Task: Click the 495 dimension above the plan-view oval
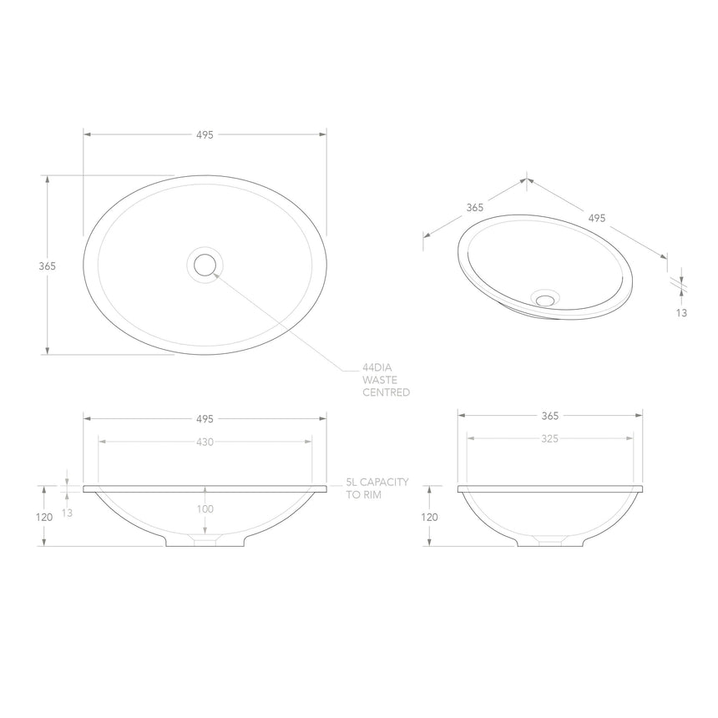pyautogui.click(x=205, y=134)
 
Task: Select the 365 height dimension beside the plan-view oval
pyautogui.click(x=47, y=266)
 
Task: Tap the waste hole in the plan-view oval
pyautogui.click(x=205, y=265)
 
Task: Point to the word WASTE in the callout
pyautogui.click(x=379, y=380)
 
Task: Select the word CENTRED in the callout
pyautogui.click(x=385, y=392)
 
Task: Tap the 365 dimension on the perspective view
pyautogui.click(x=474, y=208)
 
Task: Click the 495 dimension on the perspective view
pyautogui.click(x=596, y=219)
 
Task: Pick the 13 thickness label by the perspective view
pyautogui.click(x=682, y=312)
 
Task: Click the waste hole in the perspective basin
pyautogui.click(x=546, y=298)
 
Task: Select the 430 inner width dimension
pyautogui.click(x=205, y=442)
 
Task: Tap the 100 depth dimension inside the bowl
pyautogui.click(x=205, y=508)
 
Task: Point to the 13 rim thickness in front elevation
pyautogui.click(x=68, y=513)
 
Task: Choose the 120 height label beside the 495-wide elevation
pyautogui.click(x=45, y=518)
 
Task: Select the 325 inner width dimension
pyautogui.click(x=549, y=437)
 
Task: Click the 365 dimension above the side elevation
pyautogui.click(x=549, y=415)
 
